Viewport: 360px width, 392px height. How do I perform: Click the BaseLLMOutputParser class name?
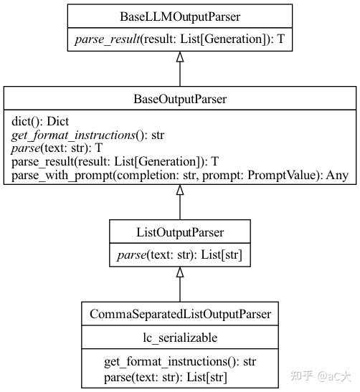pyautogui.click(x=179, y=15)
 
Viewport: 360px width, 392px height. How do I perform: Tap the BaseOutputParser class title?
pyautogui.click(x=179, y=99)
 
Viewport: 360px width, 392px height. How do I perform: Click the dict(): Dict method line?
pyautogui.click(x=41, y=123)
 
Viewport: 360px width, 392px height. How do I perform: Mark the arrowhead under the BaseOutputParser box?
pyautogui.click(x=179, y=190)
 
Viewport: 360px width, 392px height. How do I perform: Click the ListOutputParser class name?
pyautogui.click(x=179, y=232)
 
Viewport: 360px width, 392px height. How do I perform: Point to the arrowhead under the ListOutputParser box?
pyautogui.click(x=179, y=273)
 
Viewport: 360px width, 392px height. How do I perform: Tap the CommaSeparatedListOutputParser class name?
pyautogui.click(x=179, y=313)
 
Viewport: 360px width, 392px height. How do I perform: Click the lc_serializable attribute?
pyautogui.click(x=179, y=338)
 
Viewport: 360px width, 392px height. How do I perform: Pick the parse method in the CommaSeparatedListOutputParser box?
pyautogui.click(x=120, y=376)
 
